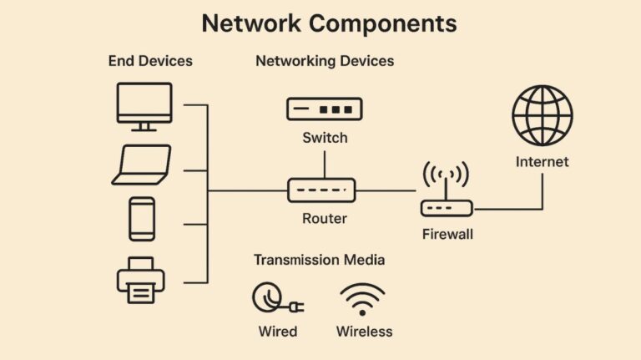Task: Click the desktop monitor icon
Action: click(143, 104)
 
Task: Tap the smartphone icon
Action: click(141, 219)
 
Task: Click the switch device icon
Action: click(324, 109)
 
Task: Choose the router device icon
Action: click(322, 190)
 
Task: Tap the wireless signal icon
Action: click(363, 299)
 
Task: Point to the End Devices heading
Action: click(150, 61)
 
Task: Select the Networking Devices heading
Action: click(325, 61)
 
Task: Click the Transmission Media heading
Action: click(320, 260)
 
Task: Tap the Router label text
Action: click(324, 219)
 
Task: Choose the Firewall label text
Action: click(447, 234)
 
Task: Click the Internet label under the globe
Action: click(542, 161)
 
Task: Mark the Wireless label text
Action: click(364, 331)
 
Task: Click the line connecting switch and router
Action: click(324, 165)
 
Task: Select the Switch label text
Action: click(325, 138)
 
